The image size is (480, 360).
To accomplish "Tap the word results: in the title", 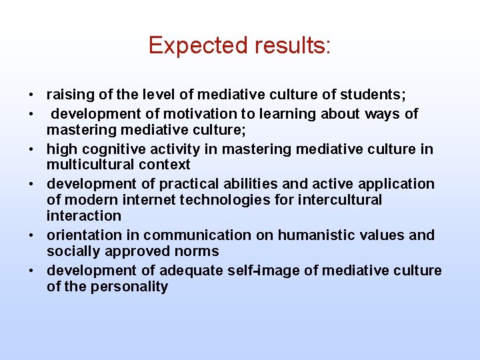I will pos(292,45).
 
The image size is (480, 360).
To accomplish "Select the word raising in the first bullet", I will pos(69,95).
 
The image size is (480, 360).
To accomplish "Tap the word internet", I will pos(147,200).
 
